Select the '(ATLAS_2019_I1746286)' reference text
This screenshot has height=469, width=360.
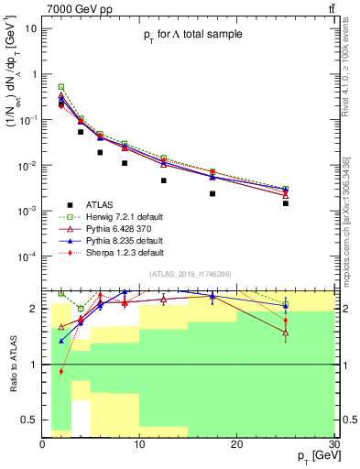coord(190,274)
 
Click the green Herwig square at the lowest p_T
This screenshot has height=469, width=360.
coord(61,87)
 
